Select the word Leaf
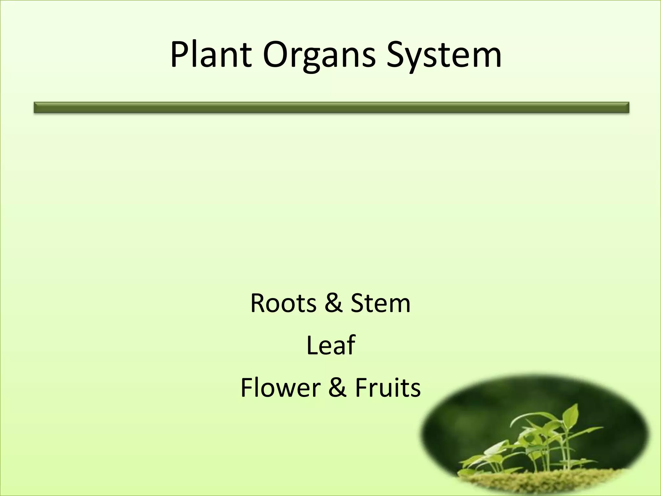(330, 345)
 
